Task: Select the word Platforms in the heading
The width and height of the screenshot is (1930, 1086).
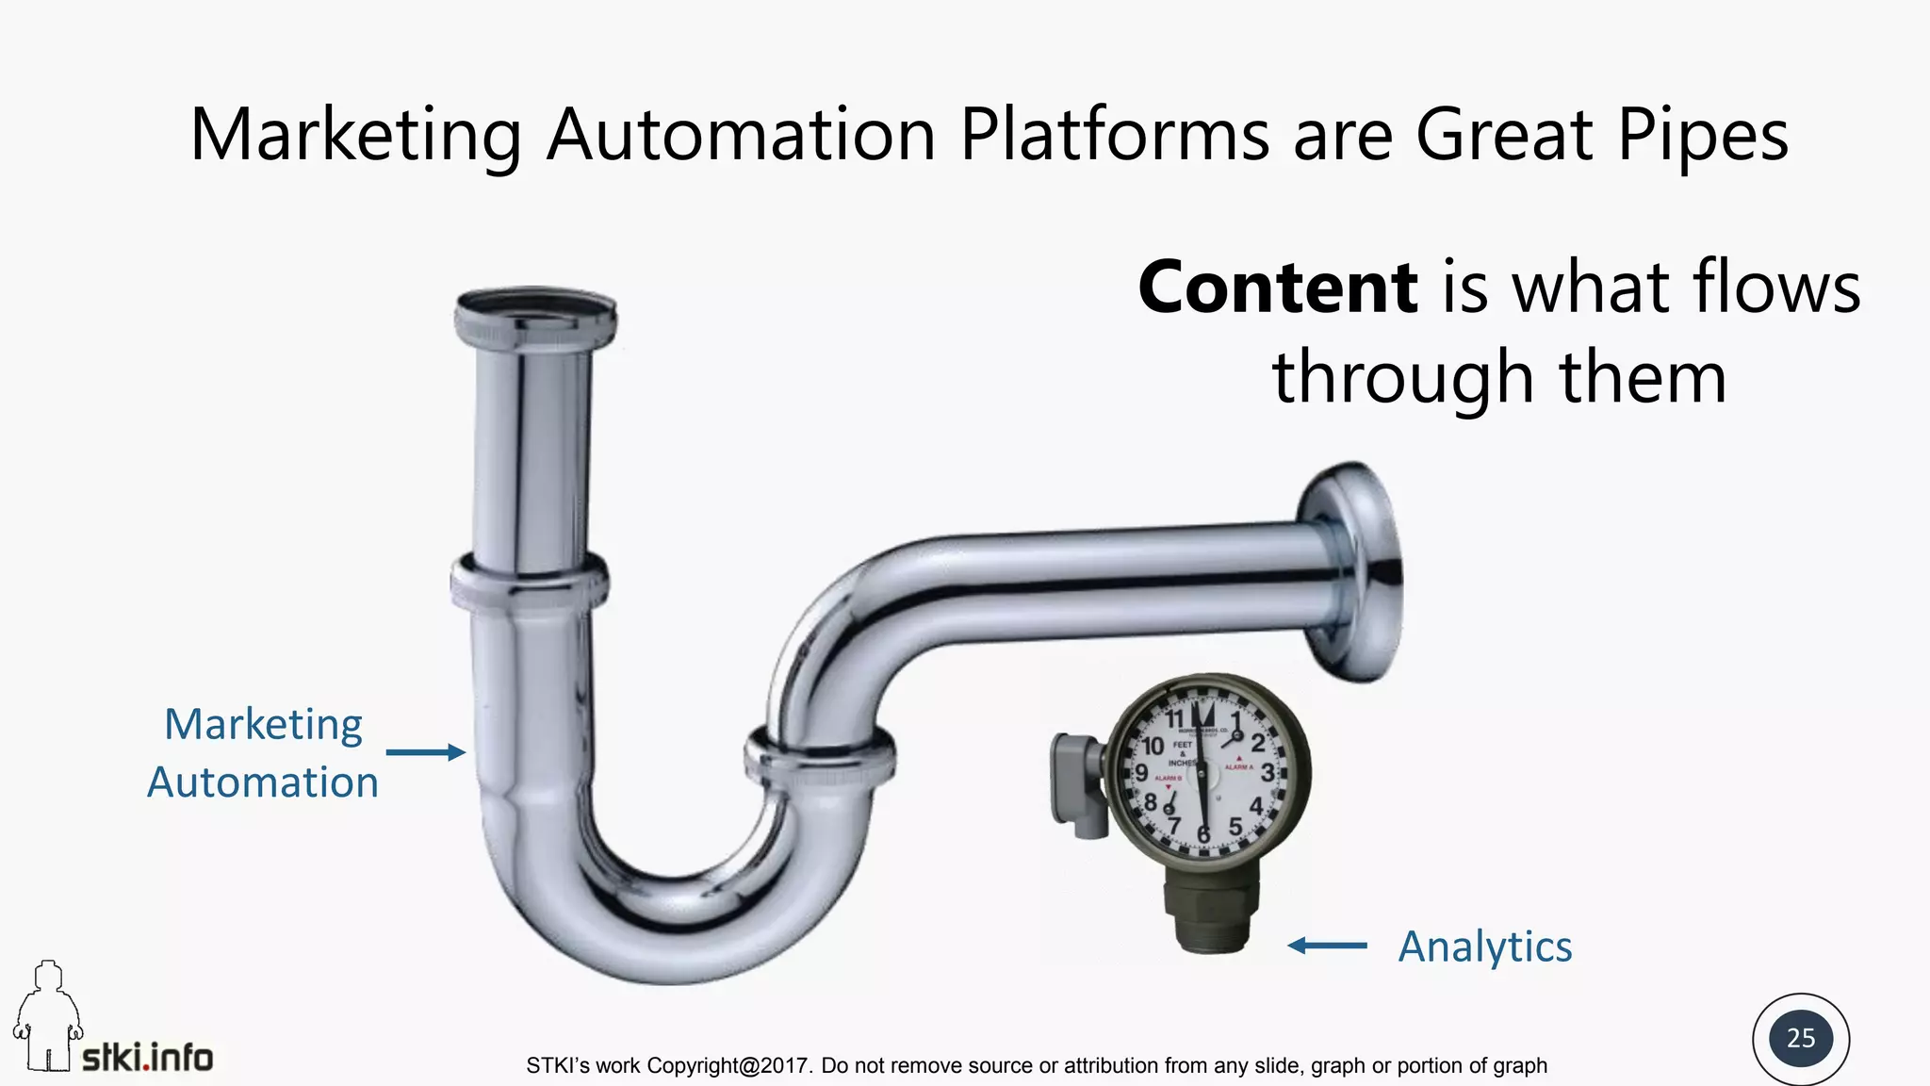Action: [1114, 135]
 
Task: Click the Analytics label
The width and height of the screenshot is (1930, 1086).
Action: [1484, 946]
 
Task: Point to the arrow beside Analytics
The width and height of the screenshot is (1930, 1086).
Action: [1327, 945]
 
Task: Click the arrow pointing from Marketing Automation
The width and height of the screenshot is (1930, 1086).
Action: [426, 752]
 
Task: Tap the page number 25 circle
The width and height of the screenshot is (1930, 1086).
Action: [1800, 1038]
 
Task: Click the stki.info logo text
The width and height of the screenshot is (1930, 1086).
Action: [148, 1058]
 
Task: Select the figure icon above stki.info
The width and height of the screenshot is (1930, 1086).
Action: [47, 1013]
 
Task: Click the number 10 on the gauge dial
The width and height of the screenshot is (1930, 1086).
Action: [1153, 746]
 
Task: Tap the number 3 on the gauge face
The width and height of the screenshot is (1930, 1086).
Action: [1267, 774]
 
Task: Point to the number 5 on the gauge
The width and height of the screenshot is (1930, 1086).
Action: [1235, 827]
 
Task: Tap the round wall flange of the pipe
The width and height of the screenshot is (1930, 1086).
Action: [1353, 571]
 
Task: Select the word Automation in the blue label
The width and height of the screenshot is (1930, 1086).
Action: [263, 782]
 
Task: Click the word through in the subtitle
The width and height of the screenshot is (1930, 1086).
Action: [1403, 377]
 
